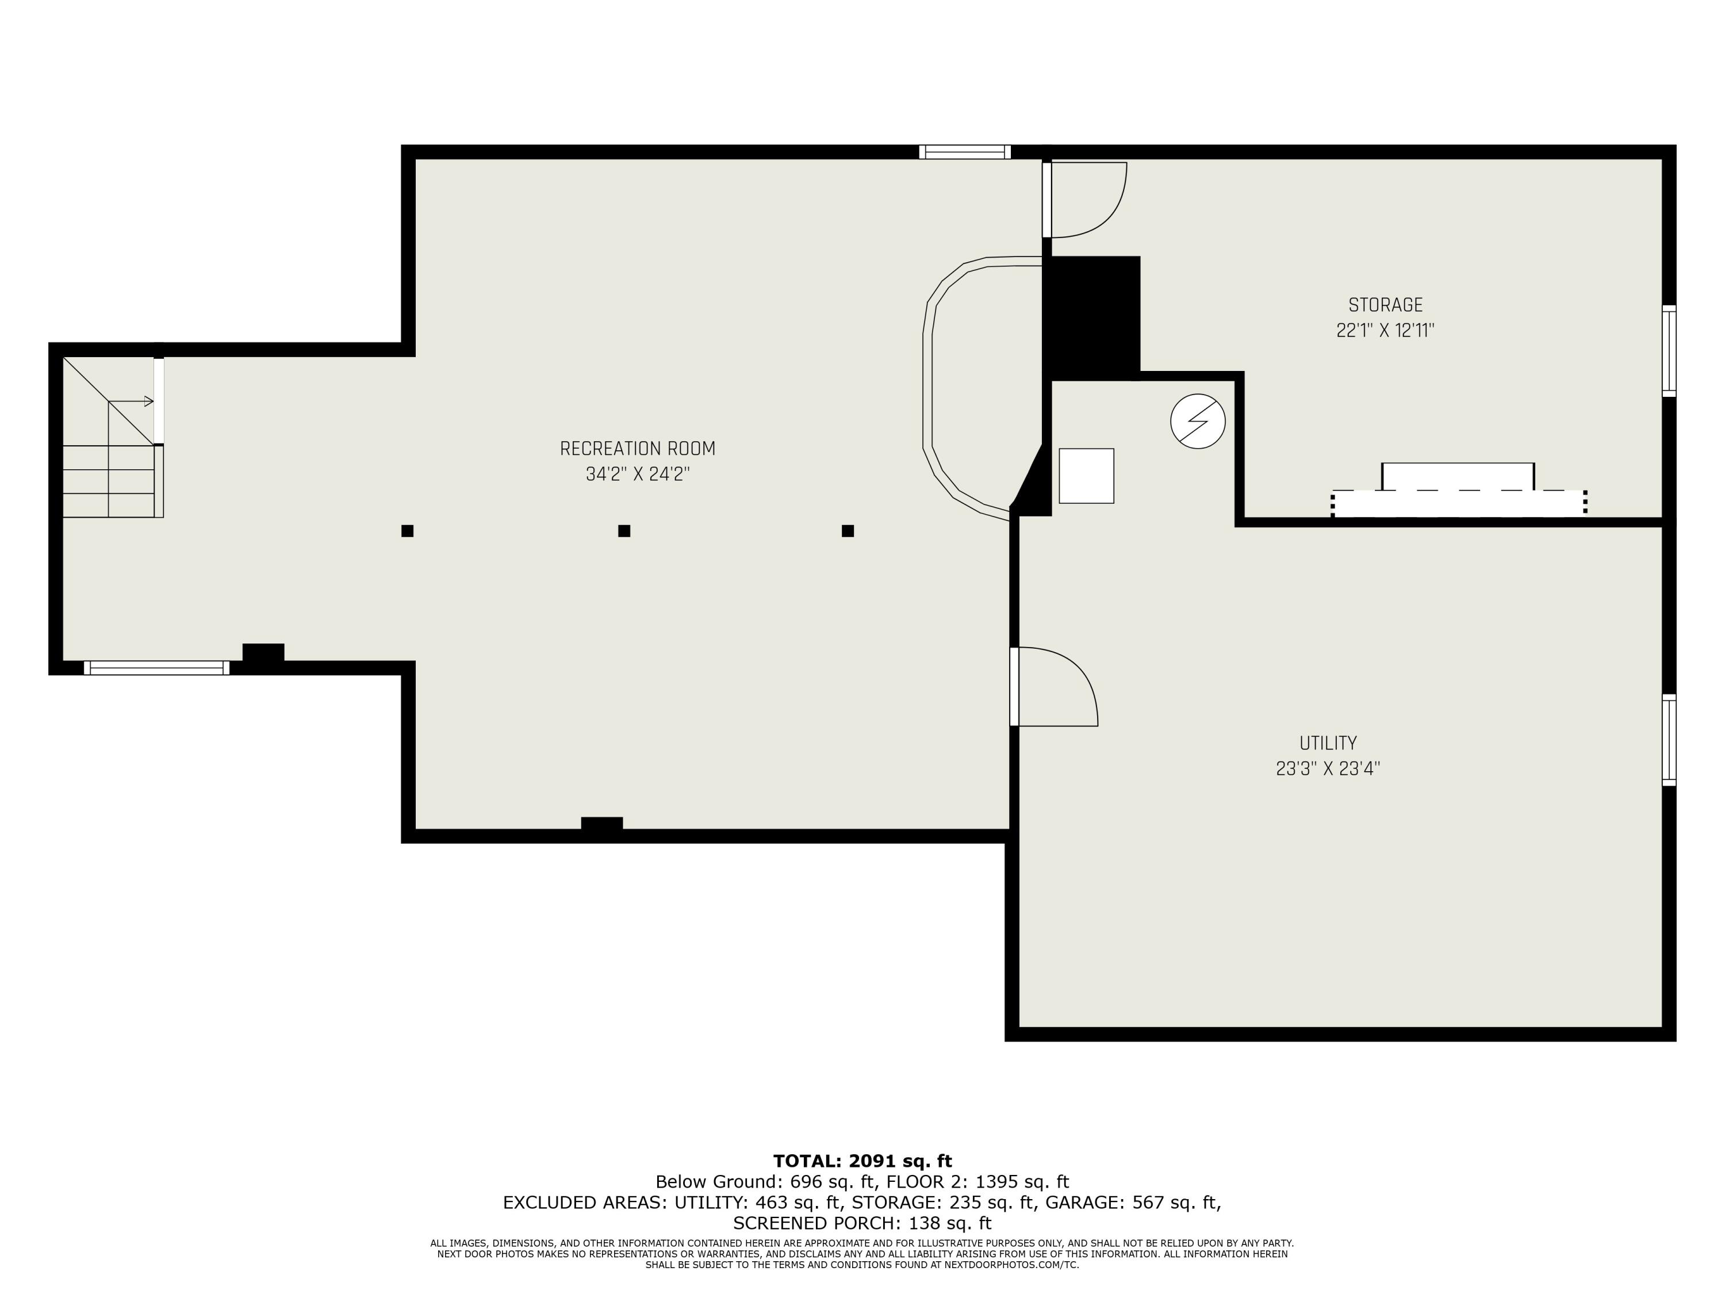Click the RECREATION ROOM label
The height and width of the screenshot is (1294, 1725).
pyautogui.click(x=637, y=449)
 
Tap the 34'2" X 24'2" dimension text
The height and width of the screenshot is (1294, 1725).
pyautogui.click(x=637, y=474)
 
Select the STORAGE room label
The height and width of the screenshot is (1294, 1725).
pyautogui.click(x=1385, y=305)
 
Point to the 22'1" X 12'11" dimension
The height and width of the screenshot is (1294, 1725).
pyautogui.click(x=1385, y=331)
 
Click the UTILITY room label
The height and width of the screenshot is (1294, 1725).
pyautogui.click(x=1327, y=743)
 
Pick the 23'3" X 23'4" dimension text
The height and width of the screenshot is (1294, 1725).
pyautogui.click(x=1327, y=769)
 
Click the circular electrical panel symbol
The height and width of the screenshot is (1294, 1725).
pyautogui.click(x=1198, y=421)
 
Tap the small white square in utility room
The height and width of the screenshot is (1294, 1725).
pyautogui.click(x=1086, y=476)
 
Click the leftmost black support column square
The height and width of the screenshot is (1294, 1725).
pyautogui.click(x=407, y=531)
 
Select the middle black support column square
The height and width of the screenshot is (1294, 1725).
pyautogui.click(x=624, y=531)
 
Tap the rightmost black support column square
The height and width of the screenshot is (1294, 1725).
pyautogui.click(x=848, y=531)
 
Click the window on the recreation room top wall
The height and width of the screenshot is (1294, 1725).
pyautogui.click(x=965, y=152)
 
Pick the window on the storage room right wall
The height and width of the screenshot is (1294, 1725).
pyautogui.click(x=1669, y=351)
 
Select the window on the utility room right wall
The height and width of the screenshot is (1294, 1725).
pyautogui.click(x=1669, y=740)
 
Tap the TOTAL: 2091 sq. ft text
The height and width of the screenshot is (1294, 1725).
pyautogui.click(x=862, y=1161)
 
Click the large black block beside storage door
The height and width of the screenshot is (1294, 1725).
pyautogui.click(x=1092, y=316)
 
